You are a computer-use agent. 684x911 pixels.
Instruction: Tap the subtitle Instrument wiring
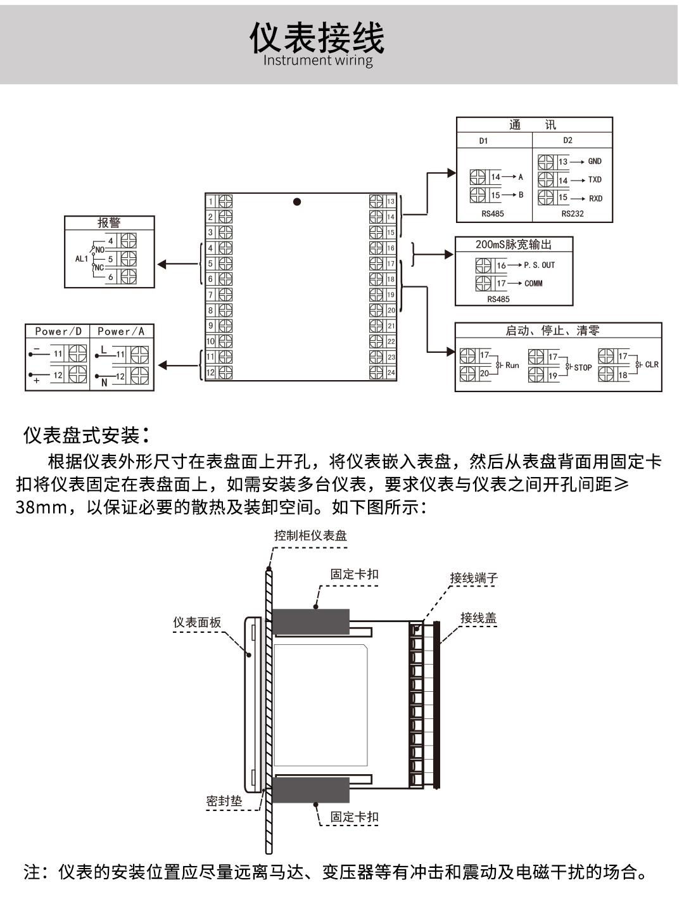tap(318, 61)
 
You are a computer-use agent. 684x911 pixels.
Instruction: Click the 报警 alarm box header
tap(109, 222)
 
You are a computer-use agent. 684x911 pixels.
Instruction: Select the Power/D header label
tap(58, 331)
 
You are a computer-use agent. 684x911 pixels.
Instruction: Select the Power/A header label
tap(121, 331)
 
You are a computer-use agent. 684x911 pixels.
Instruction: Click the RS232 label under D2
tap(573, 213)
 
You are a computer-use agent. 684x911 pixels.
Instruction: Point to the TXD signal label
tap(595, 180)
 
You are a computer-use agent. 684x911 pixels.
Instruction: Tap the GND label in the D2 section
tap(595, 162)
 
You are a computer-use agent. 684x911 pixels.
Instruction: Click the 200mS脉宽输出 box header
tap(514, 245)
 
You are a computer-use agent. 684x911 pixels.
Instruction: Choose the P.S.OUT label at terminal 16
tap(539, 265)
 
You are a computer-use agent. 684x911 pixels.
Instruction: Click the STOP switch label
tap(583, 367)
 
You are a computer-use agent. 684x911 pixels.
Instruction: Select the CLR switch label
tap(652, 365)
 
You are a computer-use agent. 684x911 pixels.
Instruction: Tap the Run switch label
tap(512, 366)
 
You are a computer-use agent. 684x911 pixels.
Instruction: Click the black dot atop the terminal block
tap(297, 202)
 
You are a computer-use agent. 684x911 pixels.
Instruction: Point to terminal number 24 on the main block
tap(391, 373)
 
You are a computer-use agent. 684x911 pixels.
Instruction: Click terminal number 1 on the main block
tap(211, 202)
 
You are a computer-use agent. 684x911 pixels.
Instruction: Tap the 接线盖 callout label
tap(478, 618)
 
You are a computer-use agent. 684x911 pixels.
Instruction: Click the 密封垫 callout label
tap(224, 801)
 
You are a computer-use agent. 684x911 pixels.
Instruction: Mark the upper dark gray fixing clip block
tap(311, 621)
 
